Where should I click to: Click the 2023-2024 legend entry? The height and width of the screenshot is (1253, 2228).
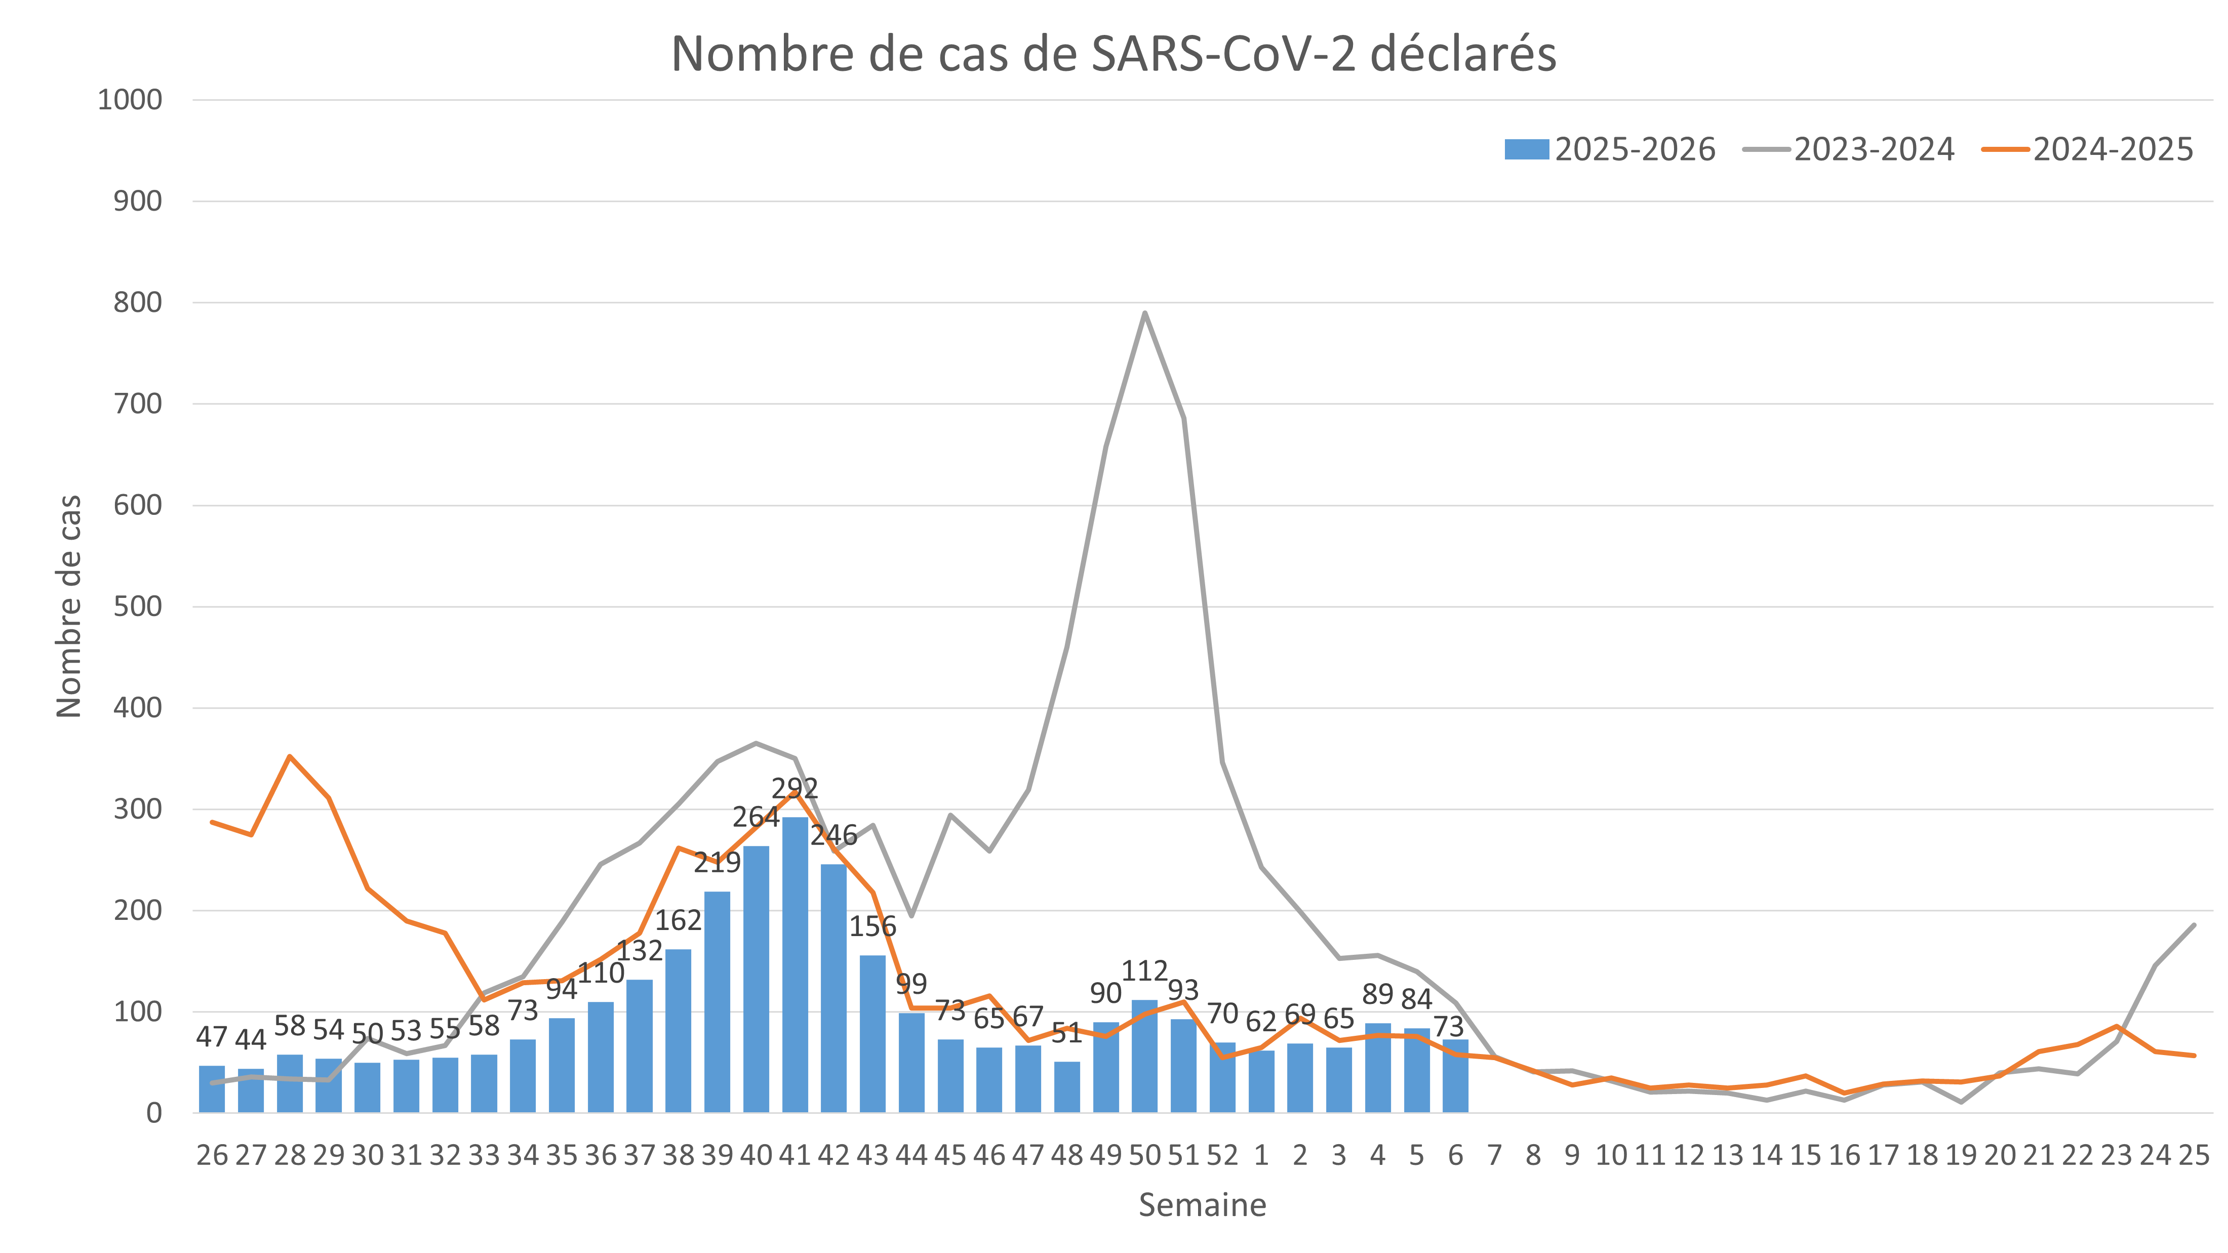pos(1848,149)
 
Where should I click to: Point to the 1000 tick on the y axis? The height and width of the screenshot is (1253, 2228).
pos(130,100)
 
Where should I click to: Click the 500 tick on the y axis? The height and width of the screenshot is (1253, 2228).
pos(138,607)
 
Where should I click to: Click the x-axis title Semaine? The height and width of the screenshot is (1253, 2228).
pos(1202,1204)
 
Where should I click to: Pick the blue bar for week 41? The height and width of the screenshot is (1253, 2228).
pos(795,964)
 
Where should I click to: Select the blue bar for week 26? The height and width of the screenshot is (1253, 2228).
pos(212,1088)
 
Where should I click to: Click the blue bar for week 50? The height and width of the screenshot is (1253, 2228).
pos(1144,1056)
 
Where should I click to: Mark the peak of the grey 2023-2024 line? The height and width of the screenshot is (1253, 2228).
pos(1144,313)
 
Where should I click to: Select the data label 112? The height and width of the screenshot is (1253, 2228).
pos(1144,971)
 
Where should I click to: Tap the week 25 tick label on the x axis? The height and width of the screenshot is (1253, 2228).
pos(2194,1155)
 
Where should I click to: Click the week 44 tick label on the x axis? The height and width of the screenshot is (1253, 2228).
pos(911,1155)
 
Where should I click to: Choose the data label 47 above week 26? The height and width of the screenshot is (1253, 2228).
pos(212,1036)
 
